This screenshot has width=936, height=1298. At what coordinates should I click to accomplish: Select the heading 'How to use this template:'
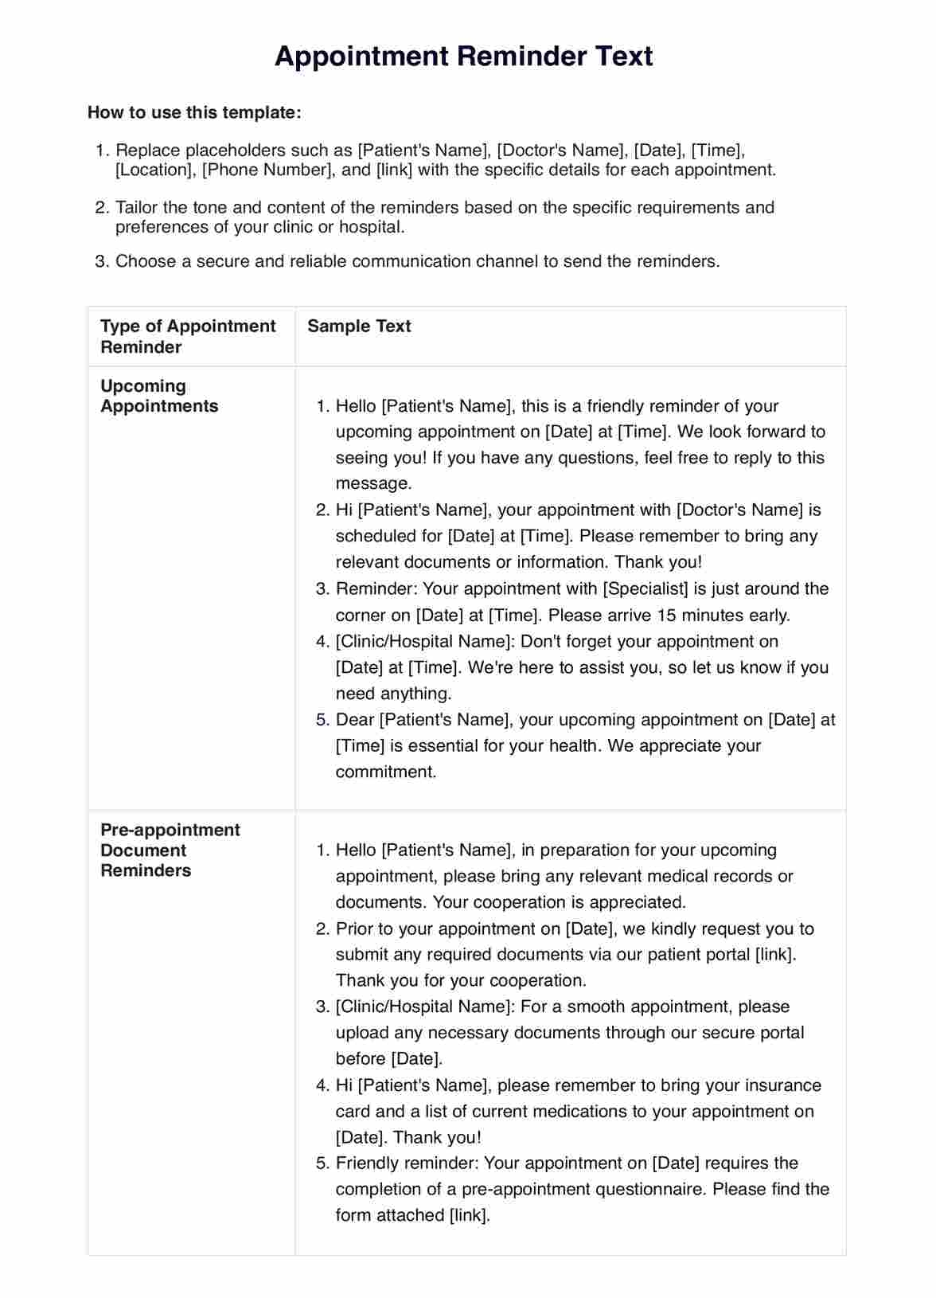pos(194,112)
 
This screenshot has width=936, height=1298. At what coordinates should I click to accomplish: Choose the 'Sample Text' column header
pos(359,326)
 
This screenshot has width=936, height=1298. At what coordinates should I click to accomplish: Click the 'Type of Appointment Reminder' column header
pos(187,337)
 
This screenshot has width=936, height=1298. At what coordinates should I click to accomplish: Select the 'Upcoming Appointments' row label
pos(158,396)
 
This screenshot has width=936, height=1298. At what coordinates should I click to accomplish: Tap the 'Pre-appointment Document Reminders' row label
pos(170,850)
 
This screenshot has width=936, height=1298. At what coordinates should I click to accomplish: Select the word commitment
pos(386,772)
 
